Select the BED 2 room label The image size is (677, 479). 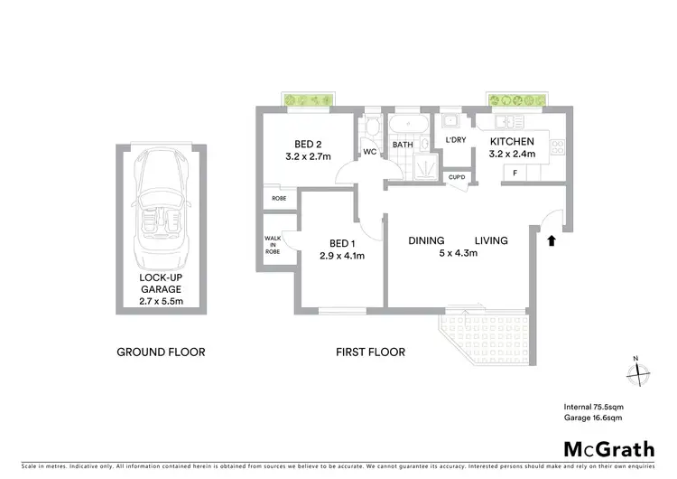click(x=308, y=144)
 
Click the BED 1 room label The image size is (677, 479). click(x=339, y=243)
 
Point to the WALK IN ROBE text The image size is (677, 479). click(x=273, y=246)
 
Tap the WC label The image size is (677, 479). click(x=370, y=151)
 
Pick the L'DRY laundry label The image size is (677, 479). click(x=456, y=139)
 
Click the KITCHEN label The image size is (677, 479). click(x=512, y=142)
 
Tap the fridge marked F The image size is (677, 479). click(x=515, y=172)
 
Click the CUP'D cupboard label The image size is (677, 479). click(x=457, y=177)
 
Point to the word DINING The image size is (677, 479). click(x=426, y=240)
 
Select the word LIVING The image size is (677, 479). click(x=492, y=240)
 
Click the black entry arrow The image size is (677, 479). click(x=551, y=239)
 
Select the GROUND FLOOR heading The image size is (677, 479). click(x=162, y=352)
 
